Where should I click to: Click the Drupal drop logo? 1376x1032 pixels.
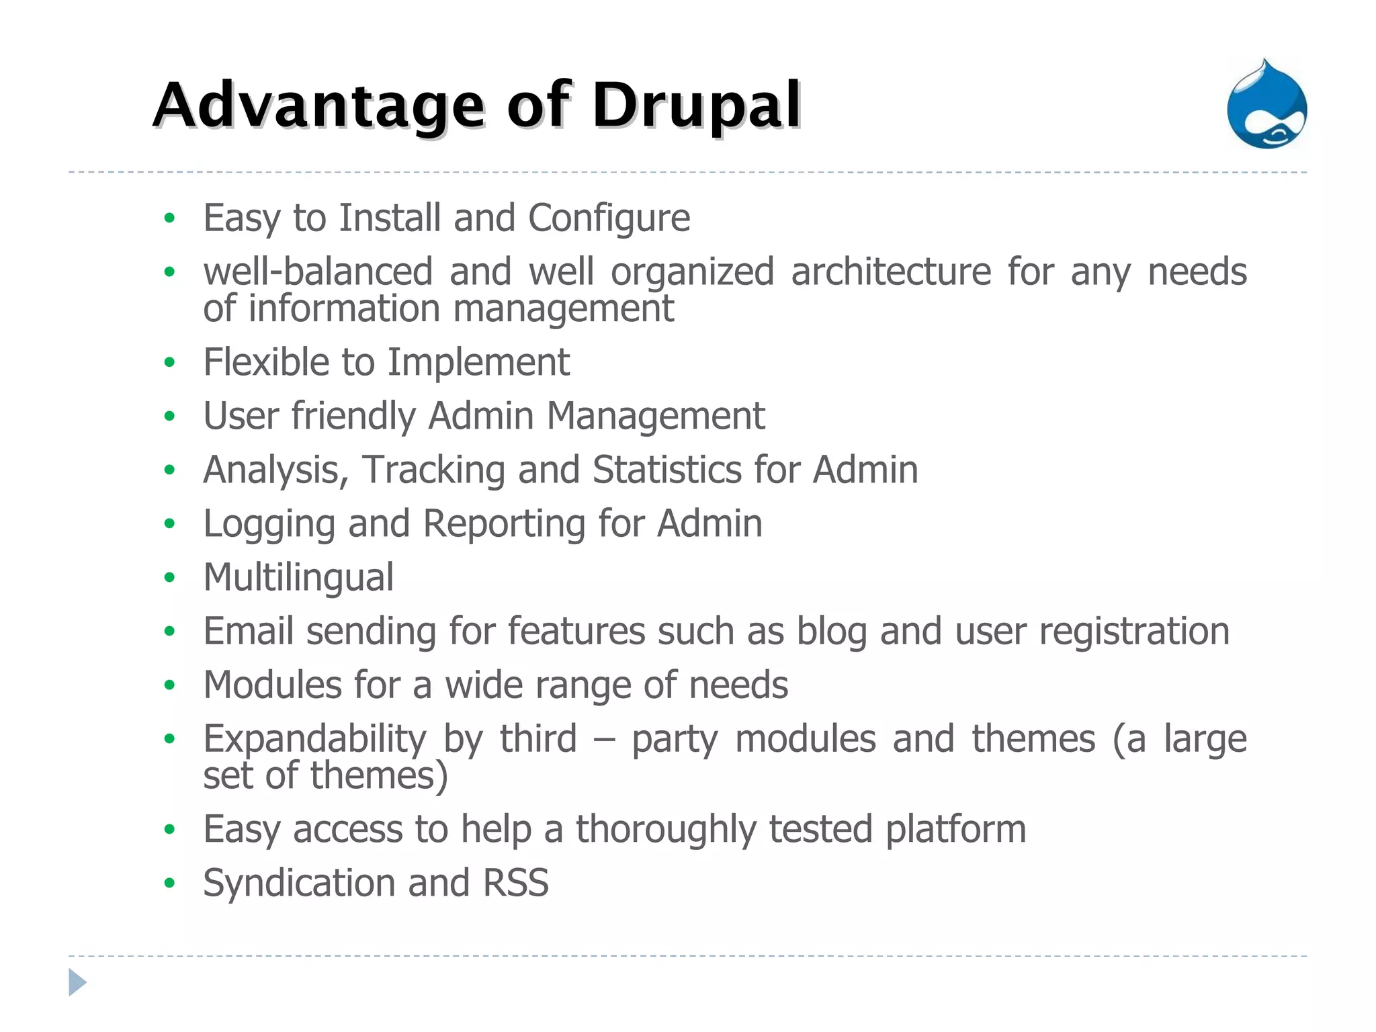1266,106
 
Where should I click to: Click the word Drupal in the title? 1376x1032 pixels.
696,106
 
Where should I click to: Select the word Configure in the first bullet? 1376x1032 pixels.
609,218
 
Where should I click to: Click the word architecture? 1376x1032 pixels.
890,272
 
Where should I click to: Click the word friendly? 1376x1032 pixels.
353,417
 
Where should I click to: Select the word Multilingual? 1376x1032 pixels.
298,578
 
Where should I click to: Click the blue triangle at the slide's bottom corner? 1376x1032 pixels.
77,983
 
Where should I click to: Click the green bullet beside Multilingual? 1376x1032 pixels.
169,578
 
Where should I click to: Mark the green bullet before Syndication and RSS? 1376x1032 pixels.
169,883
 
